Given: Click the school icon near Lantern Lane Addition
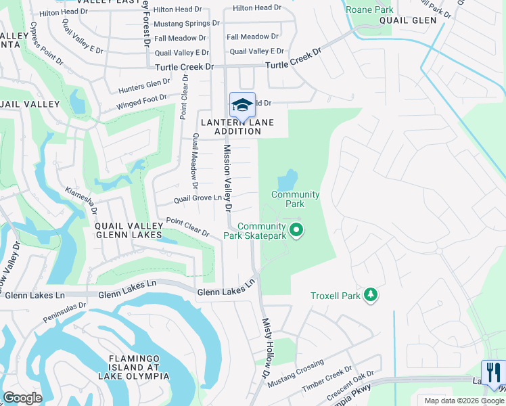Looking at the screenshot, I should click(x=242, y=105).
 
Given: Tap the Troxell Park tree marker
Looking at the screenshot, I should click(x=370, y=295).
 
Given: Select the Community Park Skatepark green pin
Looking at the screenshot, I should click(x=296, y=231).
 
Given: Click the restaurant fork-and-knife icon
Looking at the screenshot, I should click(x=492, y=371).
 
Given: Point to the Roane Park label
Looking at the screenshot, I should click(x=369, y=9).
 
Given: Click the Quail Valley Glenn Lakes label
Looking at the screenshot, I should click(x=128, y=230).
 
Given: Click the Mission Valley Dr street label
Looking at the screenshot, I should click(x=228, y=177).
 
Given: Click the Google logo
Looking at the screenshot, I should click(x=22, y=398).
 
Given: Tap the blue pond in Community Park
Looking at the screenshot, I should click(x=287, y=180).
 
